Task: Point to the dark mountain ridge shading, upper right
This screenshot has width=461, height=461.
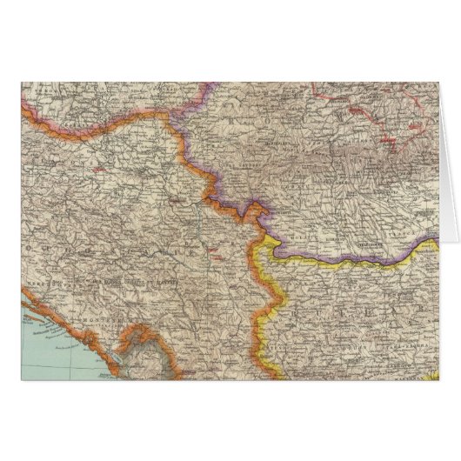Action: [x=383, y=170]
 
